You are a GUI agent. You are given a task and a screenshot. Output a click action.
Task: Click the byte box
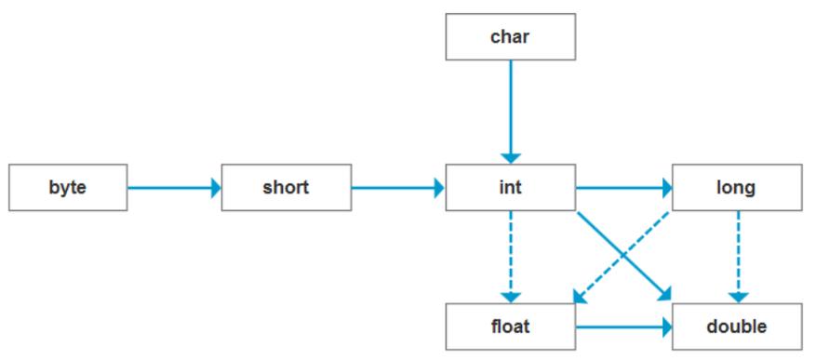click(68, 188)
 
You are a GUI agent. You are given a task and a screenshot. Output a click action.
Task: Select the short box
click(286, 188)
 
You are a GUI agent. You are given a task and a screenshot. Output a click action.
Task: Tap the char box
click(510, 37)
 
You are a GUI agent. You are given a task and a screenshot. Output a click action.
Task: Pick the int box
click(510, 188)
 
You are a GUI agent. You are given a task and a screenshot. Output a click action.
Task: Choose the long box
click(736, 188)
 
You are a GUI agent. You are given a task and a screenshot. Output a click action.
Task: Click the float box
click(510, 327)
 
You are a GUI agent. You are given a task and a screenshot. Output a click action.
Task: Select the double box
click(736, 327)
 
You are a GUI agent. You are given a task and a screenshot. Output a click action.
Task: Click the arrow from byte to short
click(172, 188)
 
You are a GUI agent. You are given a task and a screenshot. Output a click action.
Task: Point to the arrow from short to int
click(395, 188)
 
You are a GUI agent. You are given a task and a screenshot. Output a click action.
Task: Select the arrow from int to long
click(622, 188)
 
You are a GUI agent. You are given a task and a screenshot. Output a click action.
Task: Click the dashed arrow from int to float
click(510, 251)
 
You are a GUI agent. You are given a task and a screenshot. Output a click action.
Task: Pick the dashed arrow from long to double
click(738, 251)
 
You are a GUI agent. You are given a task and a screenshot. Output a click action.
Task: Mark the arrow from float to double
click(619, 327)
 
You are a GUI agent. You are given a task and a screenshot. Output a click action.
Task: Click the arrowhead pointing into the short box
click(216, 188)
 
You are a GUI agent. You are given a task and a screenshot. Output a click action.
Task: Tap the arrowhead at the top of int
click(510, 158)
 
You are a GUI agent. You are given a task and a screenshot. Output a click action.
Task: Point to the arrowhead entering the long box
click(666, 188)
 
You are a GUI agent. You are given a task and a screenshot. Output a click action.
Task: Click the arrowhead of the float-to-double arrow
click(665, 327)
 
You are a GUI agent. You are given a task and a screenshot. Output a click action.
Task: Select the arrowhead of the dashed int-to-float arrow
click(510, 296)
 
